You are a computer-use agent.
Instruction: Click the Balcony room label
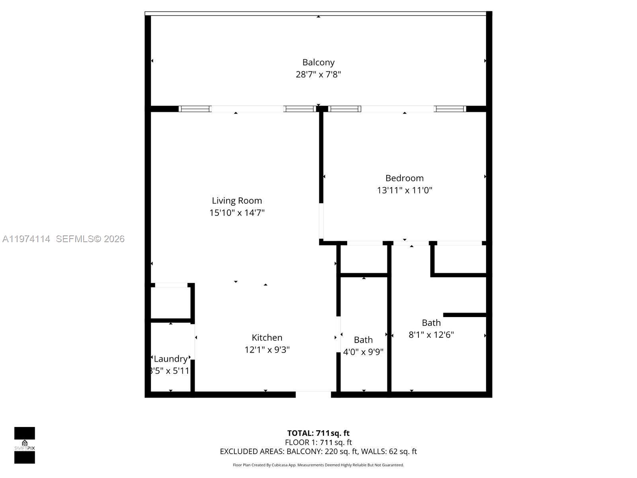[318, 63]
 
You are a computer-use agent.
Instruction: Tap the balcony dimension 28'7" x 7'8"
[318, 74]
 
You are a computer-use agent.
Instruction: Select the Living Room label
[237, 201]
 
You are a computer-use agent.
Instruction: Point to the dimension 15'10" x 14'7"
[237, 213]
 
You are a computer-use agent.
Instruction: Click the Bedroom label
[404, 178]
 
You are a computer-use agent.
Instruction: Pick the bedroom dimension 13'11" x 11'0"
[404, 190]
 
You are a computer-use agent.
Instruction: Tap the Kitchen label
[267, 338]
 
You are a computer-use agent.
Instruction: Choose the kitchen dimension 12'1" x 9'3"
[267, 350]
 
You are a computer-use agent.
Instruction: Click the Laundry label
[170, 359]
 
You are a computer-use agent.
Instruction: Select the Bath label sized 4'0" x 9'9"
[363, 340]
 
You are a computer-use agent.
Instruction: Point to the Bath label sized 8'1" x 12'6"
[431, 323]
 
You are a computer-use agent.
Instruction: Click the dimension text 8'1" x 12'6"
[431, 335]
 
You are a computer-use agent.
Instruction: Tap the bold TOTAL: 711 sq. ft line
[318, 433]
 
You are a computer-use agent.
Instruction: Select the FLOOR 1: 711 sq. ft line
[318, 442]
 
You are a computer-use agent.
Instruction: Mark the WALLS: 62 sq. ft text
[389, 451]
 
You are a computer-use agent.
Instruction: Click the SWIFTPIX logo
[25, 445]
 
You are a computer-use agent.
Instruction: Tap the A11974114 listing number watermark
[26, 239]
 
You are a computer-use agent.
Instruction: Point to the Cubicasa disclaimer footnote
[318, 465]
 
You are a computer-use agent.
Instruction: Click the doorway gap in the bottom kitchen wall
[313, 394]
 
